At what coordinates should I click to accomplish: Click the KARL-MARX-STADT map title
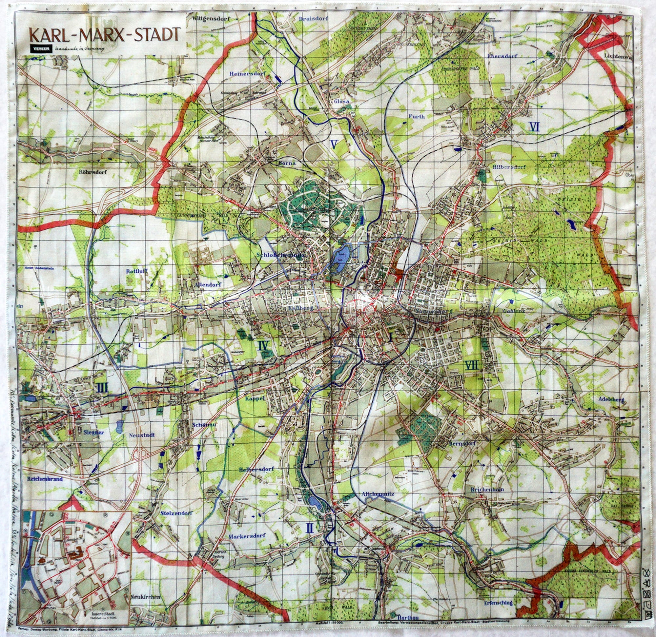(x=105, y=34)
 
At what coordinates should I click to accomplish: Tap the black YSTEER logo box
(x=41, y=49)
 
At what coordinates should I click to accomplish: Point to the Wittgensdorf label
(x=211, y=19)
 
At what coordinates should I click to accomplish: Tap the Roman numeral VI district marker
(x=534, y=127)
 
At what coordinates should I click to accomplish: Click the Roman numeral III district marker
(x=102, y=388)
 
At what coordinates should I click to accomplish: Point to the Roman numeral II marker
(x=309, y=528)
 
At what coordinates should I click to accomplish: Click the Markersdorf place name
(x=247, y=535)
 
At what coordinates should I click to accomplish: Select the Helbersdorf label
(x=256, y=469)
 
